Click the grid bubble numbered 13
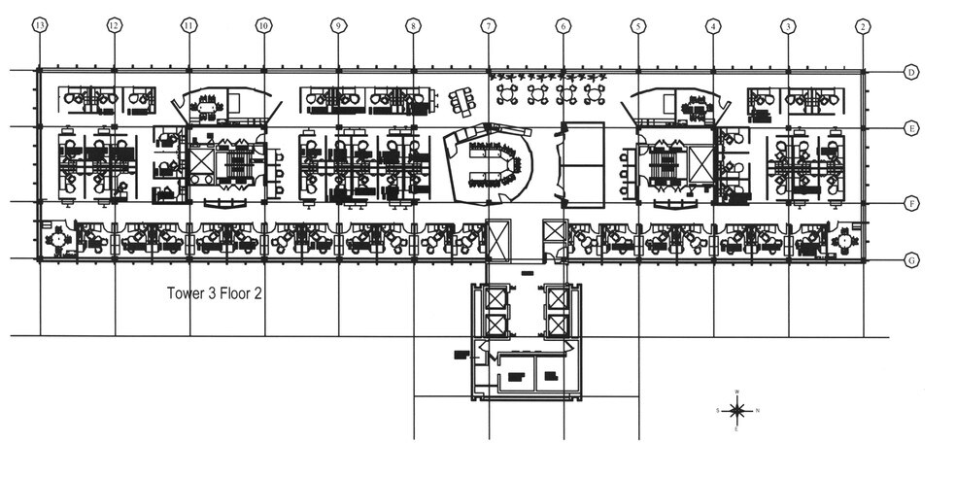click(x=40, y=26)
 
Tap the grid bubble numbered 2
click(x=863, y=26)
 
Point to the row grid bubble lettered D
click(x=911, y=72)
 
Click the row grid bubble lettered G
click(x=911, y=260)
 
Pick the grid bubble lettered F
click(x=911, y=203)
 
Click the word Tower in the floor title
click(x=188, y=292)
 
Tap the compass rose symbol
click(x=737, y=410)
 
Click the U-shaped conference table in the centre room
click(x=495, y=165)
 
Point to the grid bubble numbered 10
click(x=263, y=26)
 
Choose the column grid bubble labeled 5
click(x=638, y=26)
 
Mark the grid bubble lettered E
click(x=911, y=127)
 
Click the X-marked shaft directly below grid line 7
click(x=497, y=236)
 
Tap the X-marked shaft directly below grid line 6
click(x=556, y=233)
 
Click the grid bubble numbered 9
click(x=338, y=26)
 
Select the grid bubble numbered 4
click(x=713, y=26)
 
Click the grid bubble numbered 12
click(x=115, y=26)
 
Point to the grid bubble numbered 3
click(x=788, y=26)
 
